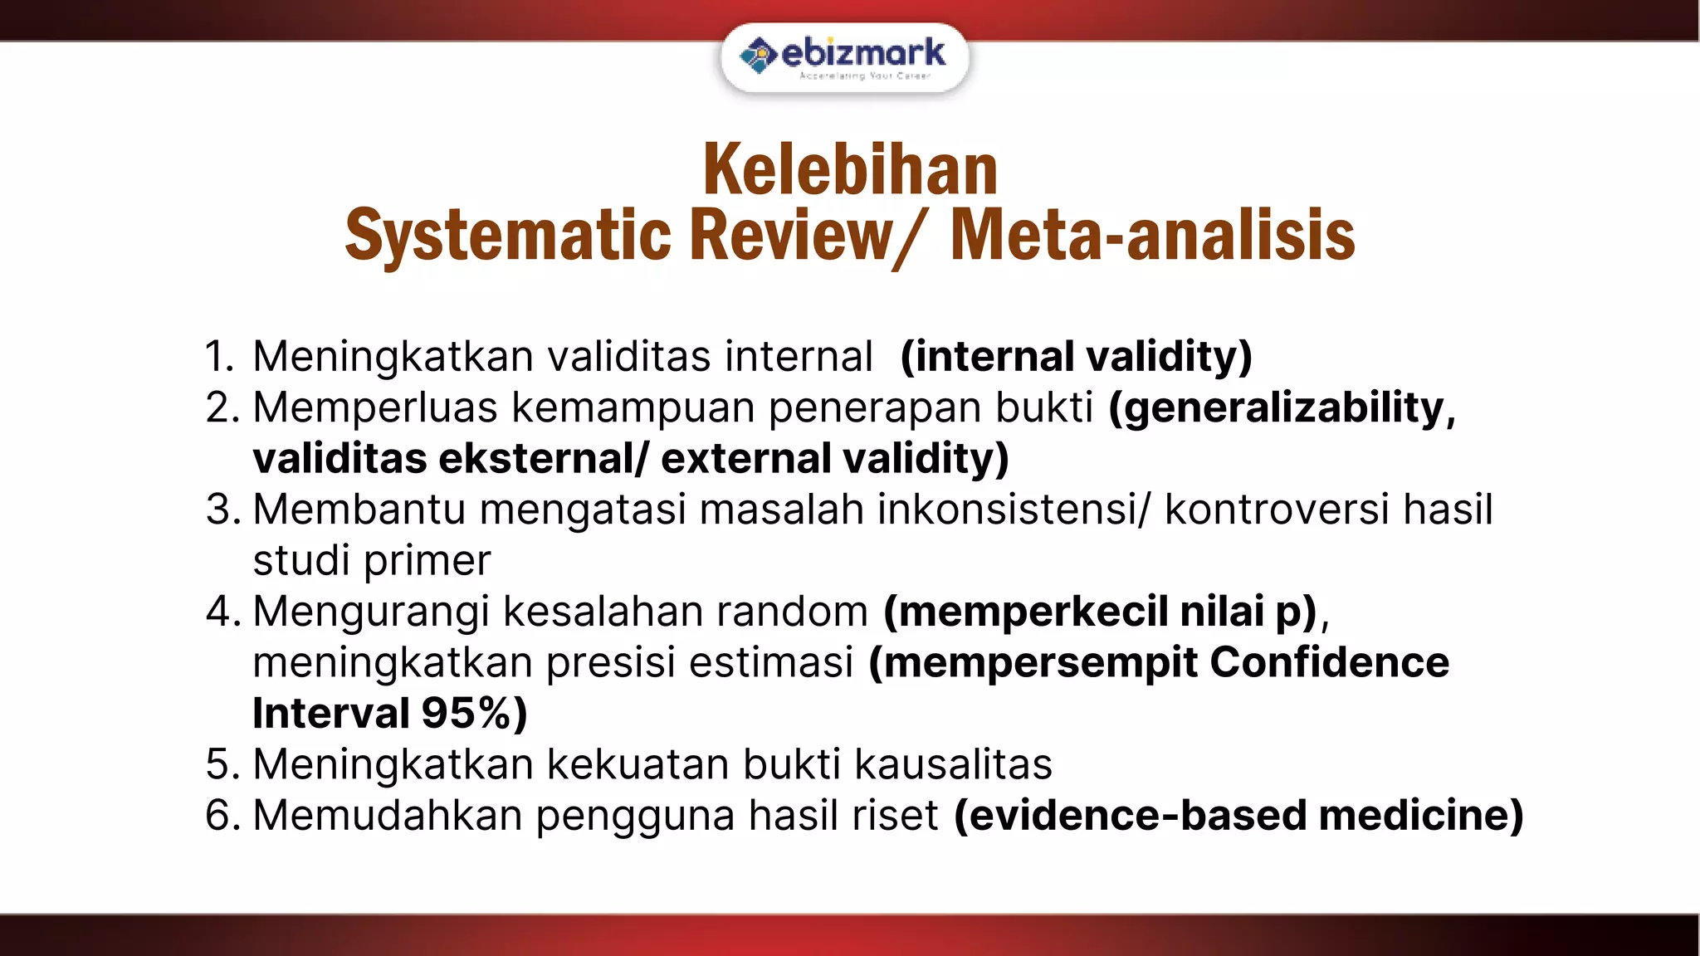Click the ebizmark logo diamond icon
pos(758,56)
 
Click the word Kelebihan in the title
pos(850,170)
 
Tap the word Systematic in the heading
pos(507,236)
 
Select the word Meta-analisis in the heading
pos(1152,236)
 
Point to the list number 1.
pos(218,357)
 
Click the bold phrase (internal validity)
pos(1076,357)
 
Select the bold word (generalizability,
pos(1282,408)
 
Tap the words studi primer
pos(371,561)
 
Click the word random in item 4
pos(792,612)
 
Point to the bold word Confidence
pos(1329,663)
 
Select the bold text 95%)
pos(474,714)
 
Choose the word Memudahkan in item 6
pos(387,816)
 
